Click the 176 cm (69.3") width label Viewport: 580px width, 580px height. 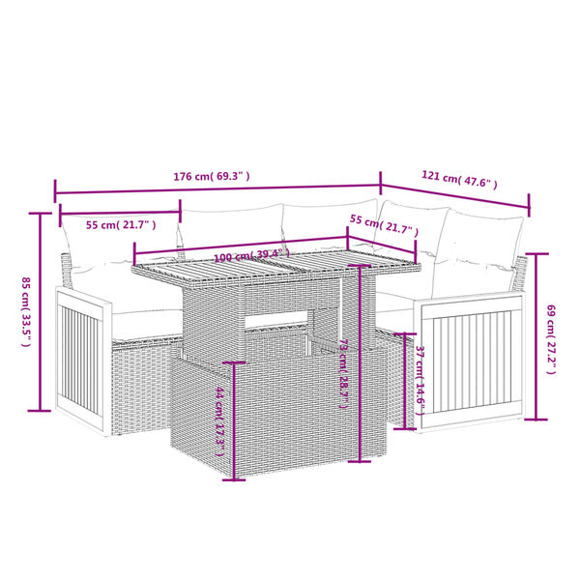tap(211, 176)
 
